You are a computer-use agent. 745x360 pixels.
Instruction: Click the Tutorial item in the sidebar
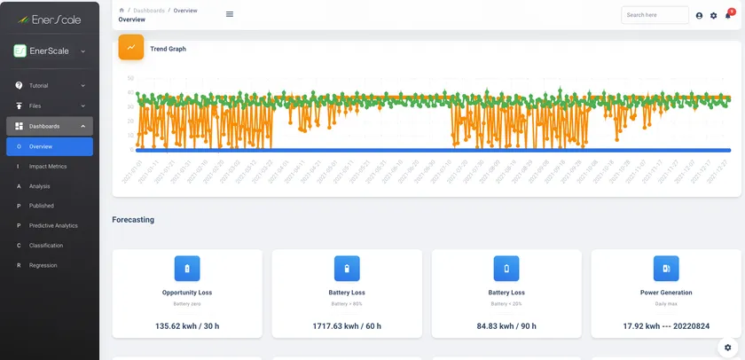39,86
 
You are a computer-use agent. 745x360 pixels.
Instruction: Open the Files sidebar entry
35,106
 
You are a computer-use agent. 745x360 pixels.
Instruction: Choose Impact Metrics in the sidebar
48,166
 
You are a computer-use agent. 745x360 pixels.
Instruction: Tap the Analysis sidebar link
39,186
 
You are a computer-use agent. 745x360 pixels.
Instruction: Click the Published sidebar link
41,206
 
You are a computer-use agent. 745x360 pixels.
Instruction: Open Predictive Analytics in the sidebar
53,225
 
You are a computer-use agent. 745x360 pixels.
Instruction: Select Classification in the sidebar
46,246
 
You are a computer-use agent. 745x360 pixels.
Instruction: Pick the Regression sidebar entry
43,265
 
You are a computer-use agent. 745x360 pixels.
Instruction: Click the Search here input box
655,15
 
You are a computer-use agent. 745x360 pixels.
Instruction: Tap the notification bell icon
727,15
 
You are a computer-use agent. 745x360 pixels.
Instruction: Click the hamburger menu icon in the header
230,14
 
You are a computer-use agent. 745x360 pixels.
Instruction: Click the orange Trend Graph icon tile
131,48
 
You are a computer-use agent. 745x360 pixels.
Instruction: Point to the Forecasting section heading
133,219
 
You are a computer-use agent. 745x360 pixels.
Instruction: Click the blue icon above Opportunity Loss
187,268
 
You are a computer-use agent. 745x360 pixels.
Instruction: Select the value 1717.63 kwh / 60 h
347,325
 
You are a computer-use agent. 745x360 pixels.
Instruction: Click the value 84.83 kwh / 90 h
506,325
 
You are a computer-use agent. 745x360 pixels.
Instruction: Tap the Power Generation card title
666,292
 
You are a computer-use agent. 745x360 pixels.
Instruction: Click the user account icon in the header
699,15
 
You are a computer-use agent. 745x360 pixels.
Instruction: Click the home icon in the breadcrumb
122,10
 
